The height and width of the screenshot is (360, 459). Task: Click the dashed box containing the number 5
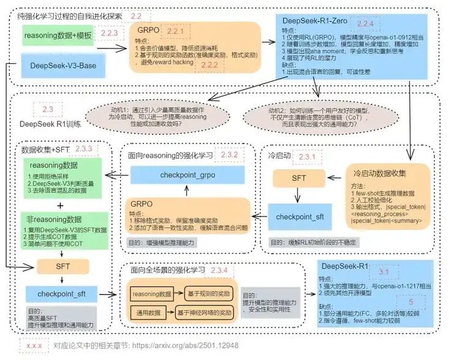click(x=411, y=302)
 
